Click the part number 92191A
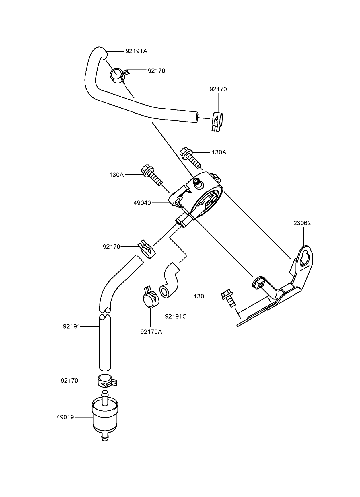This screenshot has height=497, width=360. pyautogui.click(x=136, y=51)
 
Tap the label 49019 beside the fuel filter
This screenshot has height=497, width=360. pyautogui.click(x=65, y=417)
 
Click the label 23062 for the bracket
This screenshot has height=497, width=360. pyautogui.click(x=302, y=223)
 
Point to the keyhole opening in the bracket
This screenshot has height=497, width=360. pyautogui.click(x=305, y=258)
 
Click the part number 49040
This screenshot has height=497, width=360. pyautogui.click(x=142, y=203)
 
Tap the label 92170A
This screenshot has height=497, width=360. pyautogui.click(x=151, y=332)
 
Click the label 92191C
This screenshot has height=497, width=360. pyautogui.click(x=176, y=316)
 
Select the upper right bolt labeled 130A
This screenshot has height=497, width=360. pyautogui.click(x=190, y=157)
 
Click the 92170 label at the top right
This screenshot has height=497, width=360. pyautogui.click(x=218, y=89)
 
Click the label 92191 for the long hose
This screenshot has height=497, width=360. pyautogui.click(x=71, y=326)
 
